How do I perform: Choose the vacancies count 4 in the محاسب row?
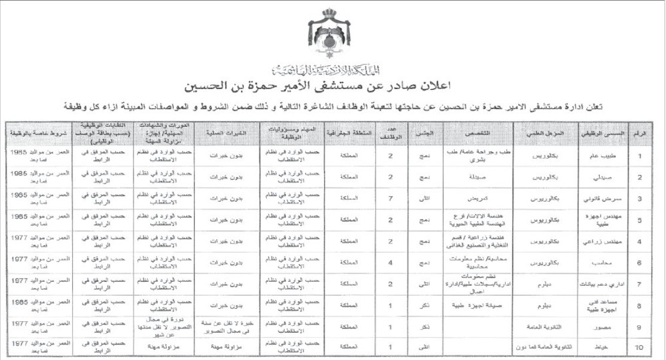click(x=390, y=262)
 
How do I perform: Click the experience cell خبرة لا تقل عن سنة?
click(x=224, y=326)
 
